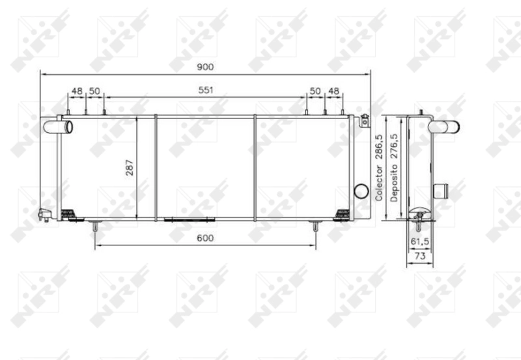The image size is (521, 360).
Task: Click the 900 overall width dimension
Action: point(205,67)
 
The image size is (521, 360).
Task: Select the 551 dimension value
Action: point(206,90)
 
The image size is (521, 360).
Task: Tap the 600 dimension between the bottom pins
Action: point(205,238)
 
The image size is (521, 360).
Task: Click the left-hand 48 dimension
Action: point(77,90)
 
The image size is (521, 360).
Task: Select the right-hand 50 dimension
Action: point(315,90)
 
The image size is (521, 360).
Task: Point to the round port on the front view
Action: point(360,191)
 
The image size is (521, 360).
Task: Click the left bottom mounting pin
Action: point(96,228)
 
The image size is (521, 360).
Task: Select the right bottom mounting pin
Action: point(315,228)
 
